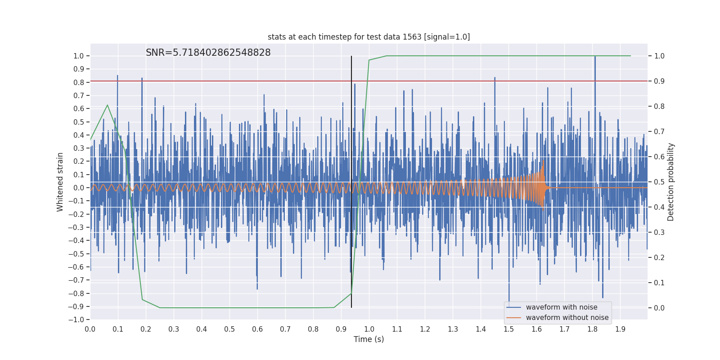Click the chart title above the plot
click(369, 37)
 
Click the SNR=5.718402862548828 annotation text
click(208, 53)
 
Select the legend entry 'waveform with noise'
click(562, 307)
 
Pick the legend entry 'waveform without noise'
click(567, 318)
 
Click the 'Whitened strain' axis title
click(60, 182)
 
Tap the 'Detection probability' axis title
click(671, 182)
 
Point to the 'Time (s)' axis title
click(369, 339)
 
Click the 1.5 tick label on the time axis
click(508, 329)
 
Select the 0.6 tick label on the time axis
click(257, 329)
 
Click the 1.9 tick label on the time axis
click(620, 329)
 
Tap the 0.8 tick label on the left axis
click(79, 82)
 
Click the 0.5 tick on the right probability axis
click(659, 182)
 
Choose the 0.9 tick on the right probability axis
click(659, 81)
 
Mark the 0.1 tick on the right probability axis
click(659, 283)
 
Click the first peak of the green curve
click(107, 105)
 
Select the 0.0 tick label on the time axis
click(90, 329)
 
